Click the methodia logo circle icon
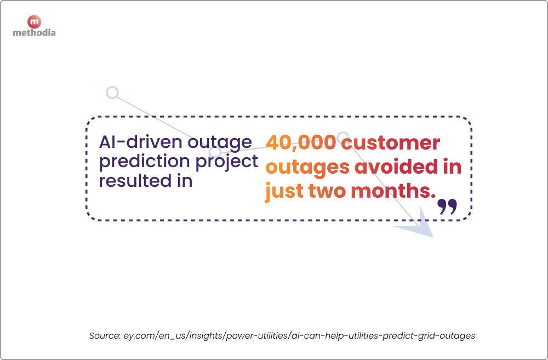tap(34, 22)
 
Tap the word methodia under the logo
tap(34, 33)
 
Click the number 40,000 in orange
tap(300, 142)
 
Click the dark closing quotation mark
tap(447, 207)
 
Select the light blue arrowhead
tap(419, 226)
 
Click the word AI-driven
tap(139, 142)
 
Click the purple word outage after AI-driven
tap(219, 142)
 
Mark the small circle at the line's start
tap(112, 93)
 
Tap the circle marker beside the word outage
tap(215, 152)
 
